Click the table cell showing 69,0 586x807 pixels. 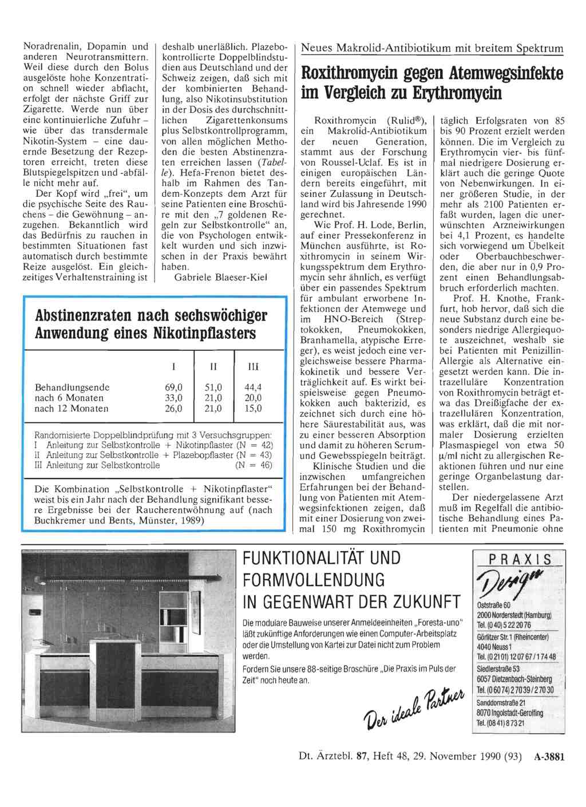[173, 387]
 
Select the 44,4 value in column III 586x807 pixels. [253, 387]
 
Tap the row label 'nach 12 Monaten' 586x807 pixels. [72, 409]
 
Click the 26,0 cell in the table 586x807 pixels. [173, 409]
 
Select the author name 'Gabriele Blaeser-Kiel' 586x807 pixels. [220, 278]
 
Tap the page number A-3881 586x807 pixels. [549, 757]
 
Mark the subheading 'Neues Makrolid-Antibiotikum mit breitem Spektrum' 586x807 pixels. [432, 49]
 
